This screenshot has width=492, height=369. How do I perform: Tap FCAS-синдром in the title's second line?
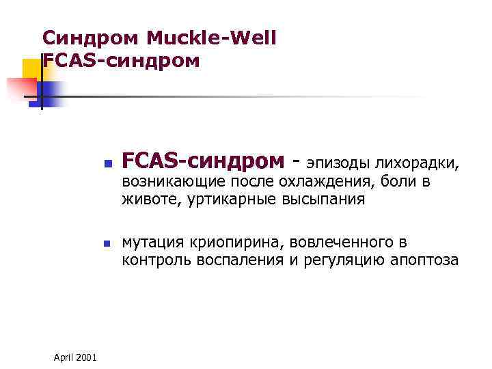pyautogui.click(x=121, y=61)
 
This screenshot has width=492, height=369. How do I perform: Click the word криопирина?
pyautogui.click(x=230, y=243)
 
